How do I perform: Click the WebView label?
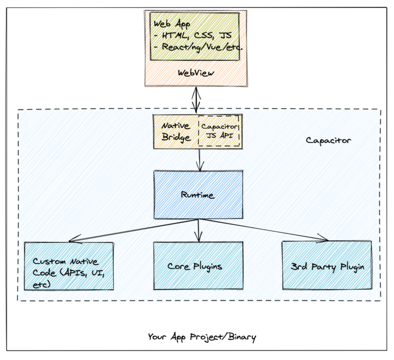(x=196, y=73)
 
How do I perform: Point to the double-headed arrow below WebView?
(x=197, y=100)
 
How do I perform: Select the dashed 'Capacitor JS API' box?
(x=219, y=131)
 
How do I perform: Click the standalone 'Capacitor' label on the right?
(x=328, y=141)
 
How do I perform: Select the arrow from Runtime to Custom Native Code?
(x=133, y=230)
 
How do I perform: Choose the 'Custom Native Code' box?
(x=69, y=266)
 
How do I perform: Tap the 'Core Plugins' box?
(x=198, y=266)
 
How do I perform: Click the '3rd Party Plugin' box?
(x=327, y=266)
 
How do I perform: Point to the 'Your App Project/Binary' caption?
(x=202, y=337)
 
